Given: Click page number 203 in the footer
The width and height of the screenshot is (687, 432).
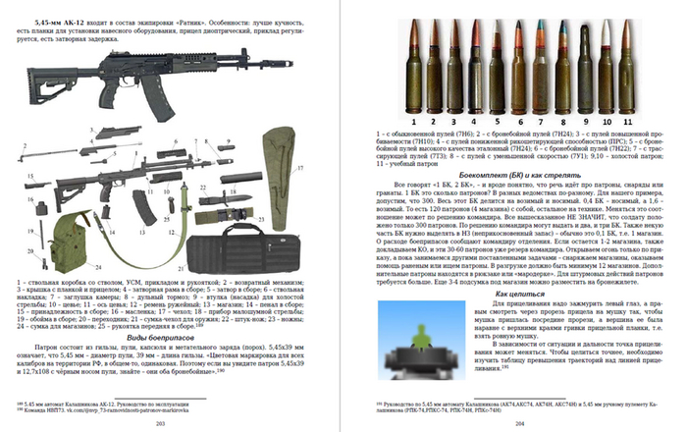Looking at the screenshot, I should tap(159, 423).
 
